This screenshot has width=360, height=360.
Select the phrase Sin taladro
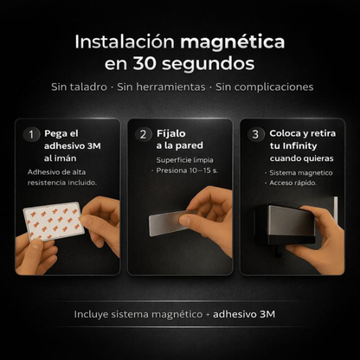point(79,87)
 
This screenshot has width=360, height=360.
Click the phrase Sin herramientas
point(161,87)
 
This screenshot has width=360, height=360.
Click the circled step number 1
point(32,134)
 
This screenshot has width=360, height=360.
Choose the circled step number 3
point(254,134)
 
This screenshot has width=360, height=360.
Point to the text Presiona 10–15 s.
point(186,171)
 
